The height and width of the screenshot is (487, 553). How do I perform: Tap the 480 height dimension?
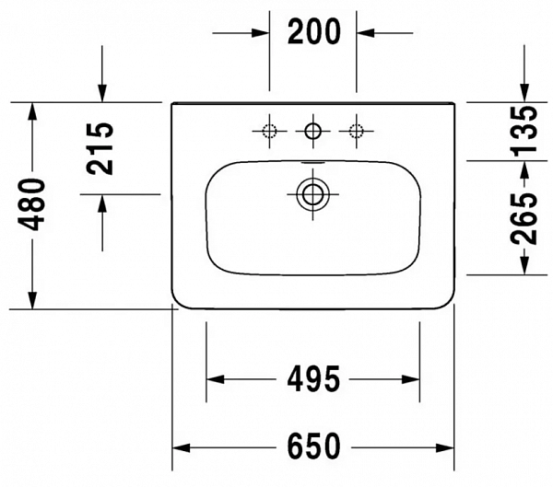[x=33, y=203]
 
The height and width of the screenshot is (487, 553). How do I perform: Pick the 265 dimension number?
[x=525, y=218]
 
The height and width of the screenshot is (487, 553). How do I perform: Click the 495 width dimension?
[x=312, y=378]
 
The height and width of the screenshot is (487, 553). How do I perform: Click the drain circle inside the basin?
[x=313, y=193]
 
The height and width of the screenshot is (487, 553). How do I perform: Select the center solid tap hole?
[x=313, y=131]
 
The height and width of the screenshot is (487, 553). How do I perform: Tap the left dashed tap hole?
[x=270, y=131]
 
